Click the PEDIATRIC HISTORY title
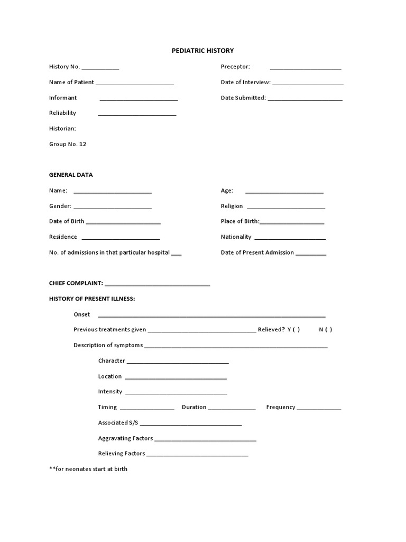(x=203, y=51)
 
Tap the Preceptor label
(x=235, y=67)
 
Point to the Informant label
(x=63, y=98)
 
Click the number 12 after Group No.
(x=82, y=144)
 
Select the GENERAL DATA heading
(x=71, y=175)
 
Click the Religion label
(x=232, y=206)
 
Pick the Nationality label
(x=236, y=237)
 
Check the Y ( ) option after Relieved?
(x=294, y=330)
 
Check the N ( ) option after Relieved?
(x=326, y=330)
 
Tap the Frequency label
(x=281, y=408)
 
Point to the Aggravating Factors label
(x=125, y=438)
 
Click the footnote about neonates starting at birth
(x=88, y=469)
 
